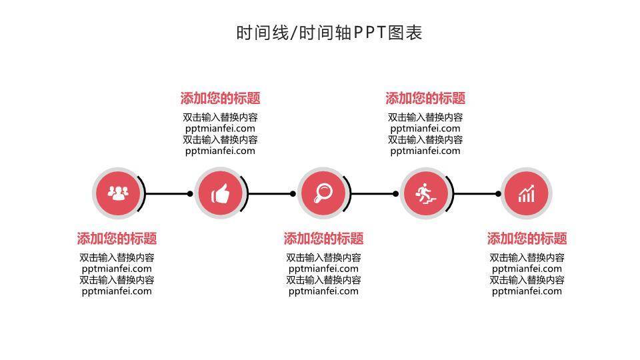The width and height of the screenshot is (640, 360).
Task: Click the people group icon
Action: [x=119, y=194]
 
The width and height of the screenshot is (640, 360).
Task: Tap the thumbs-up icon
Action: [x=221, y=194]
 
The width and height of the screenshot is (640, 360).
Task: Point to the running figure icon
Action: [x=425, y=194]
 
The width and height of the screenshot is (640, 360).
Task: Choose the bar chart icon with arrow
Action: [x=527, y=194]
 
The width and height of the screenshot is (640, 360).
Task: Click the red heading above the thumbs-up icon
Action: [x=220, y=99]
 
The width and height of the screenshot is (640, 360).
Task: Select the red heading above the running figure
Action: [x=425, y=99]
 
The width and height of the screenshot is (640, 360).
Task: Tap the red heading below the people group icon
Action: [x=117, y=239]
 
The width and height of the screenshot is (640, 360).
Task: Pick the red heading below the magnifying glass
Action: [x=323, y=239]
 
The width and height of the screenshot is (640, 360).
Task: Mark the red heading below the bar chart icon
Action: [x=527, y=239]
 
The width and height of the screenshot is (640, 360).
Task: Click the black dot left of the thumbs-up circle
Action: [x=190, y=194]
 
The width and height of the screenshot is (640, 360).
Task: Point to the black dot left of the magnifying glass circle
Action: [x=293, y=194]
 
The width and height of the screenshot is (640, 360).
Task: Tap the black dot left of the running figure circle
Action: [x=395, y=194]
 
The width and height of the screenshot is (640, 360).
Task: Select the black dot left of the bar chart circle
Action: [x=498, y=194]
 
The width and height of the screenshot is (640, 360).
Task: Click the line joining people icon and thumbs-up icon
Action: [x=167, y=194]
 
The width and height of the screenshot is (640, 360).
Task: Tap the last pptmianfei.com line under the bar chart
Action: [x=527, y=291]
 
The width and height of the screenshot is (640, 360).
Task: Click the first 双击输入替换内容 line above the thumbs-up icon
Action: [x=220, y=117]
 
